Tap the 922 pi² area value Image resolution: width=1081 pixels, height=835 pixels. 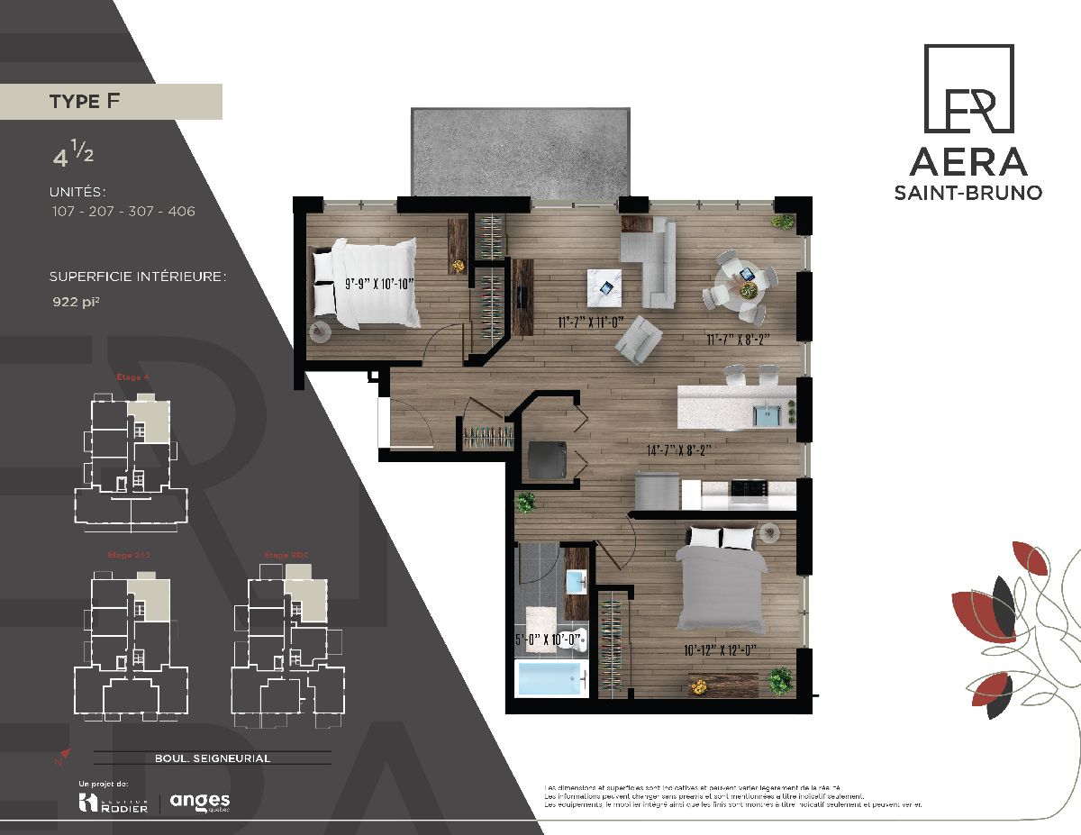(x=76, y=304)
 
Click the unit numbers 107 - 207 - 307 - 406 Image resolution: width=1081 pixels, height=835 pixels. (x=123, y=212)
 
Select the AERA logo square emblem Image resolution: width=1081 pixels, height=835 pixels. (x=968, y=89)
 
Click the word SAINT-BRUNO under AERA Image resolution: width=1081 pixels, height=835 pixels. (x=967, y=193)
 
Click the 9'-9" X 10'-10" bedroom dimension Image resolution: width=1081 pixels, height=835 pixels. (x=378, y=284)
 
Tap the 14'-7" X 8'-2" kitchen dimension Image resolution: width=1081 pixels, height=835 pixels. (x=673, y=451)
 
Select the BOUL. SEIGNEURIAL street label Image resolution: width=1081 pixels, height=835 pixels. (x=212, y=758)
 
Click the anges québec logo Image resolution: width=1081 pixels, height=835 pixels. (x=200, y=801)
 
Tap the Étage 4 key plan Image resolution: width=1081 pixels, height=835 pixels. (x=129, y=450)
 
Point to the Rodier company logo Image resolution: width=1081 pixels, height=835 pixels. (x=114, y=802)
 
